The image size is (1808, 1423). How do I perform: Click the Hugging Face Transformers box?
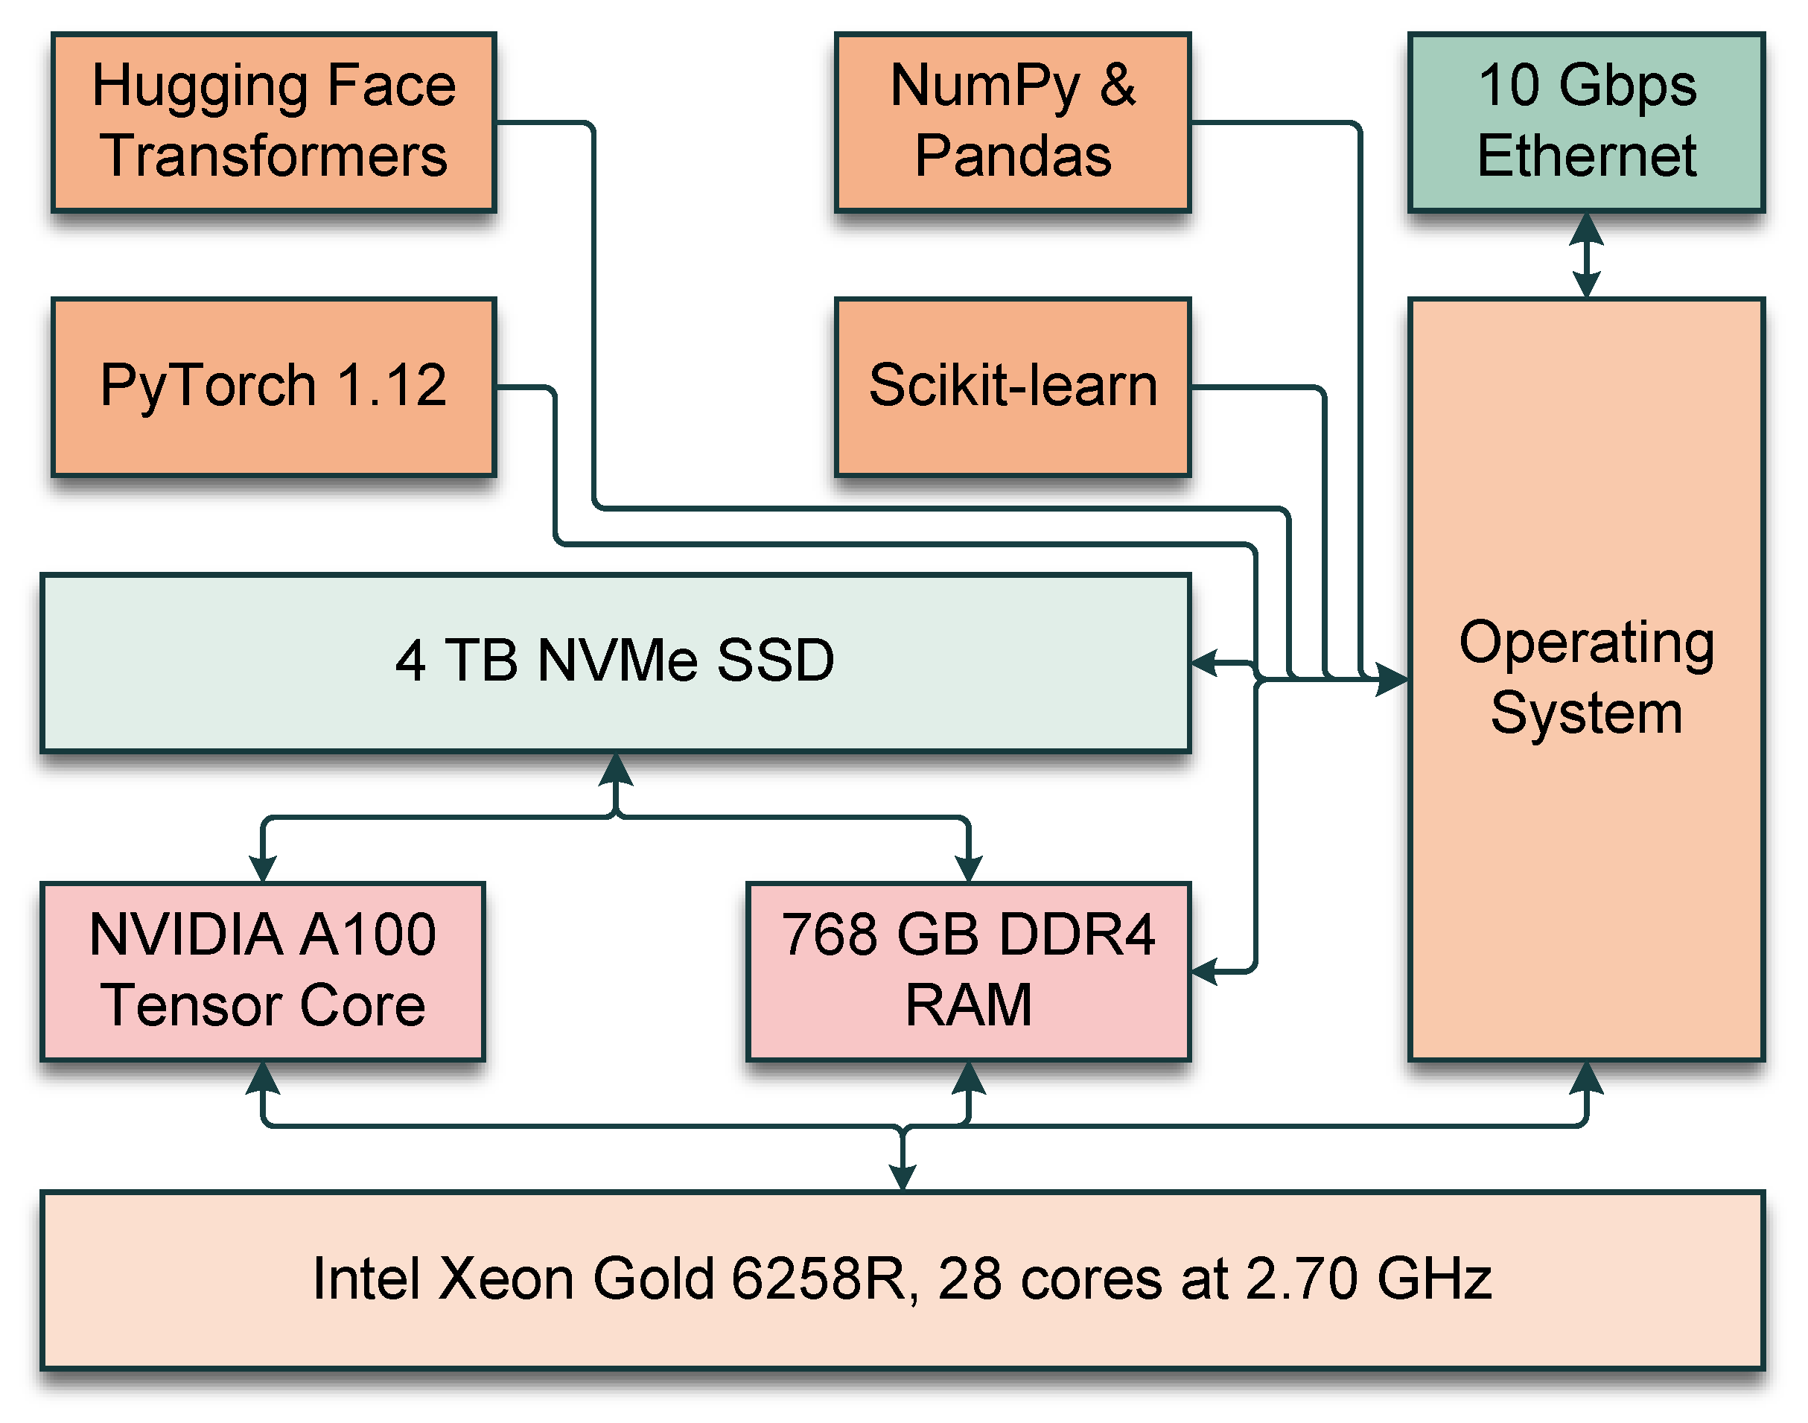pos(273,121)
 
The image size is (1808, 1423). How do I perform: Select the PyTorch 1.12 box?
pos(273,386)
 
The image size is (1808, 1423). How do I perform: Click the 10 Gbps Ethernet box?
pos(1585,121)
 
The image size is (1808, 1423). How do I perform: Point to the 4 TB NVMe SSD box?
pos(615,662)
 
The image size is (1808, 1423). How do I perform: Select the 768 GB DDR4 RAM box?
pos(967,970)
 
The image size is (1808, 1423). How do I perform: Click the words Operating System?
pos(1585,677)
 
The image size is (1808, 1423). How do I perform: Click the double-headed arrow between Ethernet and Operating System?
pos(1585,255)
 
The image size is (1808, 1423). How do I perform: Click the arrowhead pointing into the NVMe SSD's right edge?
pos(1206,662)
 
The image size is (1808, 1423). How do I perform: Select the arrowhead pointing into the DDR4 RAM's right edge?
pos(1206,970)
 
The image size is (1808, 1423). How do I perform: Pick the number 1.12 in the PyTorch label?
pos(392,386)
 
